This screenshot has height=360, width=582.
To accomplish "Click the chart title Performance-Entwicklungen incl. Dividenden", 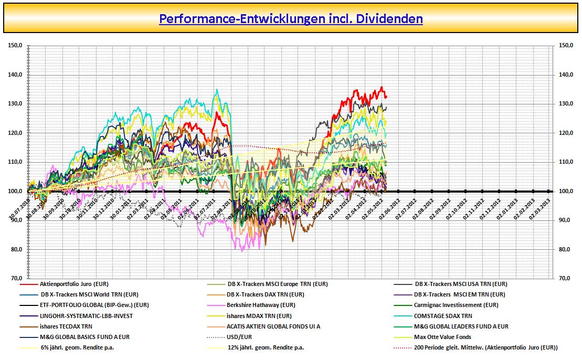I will pos(291,19).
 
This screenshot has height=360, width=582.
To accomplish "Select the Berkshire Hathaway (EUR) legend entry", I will pos(261,305).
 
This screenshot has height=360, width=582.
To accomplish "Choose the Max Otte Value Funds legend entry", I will pos(442,337).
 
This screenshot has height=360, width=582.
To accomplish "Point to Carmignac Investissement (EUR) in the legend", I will pos(456,305).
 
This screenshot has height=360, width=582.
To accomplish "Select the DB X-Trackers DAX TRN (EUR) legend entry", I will pos(266,294).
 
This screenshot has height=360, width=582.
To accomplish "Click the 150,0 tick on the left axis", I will pos(15,46).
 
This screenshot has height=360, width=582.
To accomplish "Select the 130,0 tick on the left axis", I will pos(15,104).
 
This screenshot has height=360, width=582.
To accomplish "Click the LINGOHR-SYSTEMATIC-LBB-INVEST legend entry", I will pos(86,316).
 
